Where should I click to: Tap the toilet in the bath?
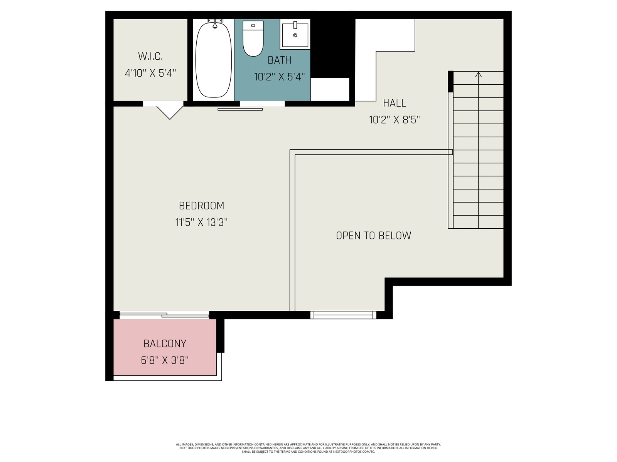click(x=253, y=38)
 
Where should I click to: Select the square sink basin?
click(x=295, y=34)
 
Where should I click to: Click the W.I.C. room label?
click(x=150, y=56)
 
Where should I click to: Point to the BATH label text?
click(x=279, y=60)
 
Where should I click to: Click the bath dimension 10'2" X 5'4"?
click(x=280, y=77)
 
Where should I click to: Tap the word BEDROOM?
click(x=202, y=206)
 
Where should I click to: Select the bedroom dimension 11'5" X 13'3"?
click(x=201, y=223)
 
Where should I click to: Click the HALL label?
click(x=394, y=103)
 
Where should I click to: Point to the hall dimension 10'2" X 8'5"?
click(x=394, y=120)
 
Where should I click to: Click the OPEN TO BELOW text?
click(x=374, y=235)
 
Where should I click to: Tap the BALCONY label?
click(x=165, y=344)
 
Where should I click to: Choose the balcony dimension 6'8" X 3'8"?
click(x=165, y=360)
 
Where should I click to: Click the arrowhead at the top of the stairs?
click(x=479, y=74)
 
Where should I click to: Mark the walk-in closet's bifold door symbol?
click(x=170, y=112)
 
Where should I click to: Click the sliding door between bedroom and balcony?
click(x=164, y=315)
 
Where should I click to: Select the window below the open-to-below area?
click(x=343, y=315)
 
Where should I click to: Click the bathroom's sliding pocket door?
click(x=240, y=109)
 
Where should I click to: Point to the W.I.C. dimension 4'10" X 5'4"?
click(x=150, y=73)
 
